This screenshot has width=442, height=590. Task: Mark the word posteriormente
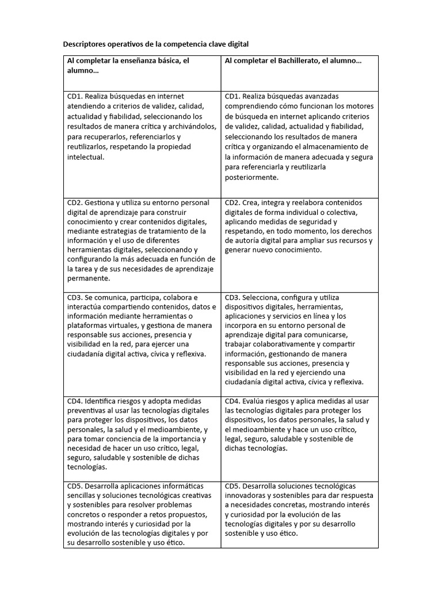point(252,177)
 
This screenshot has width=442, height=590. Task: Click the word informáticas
point(180,486)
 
